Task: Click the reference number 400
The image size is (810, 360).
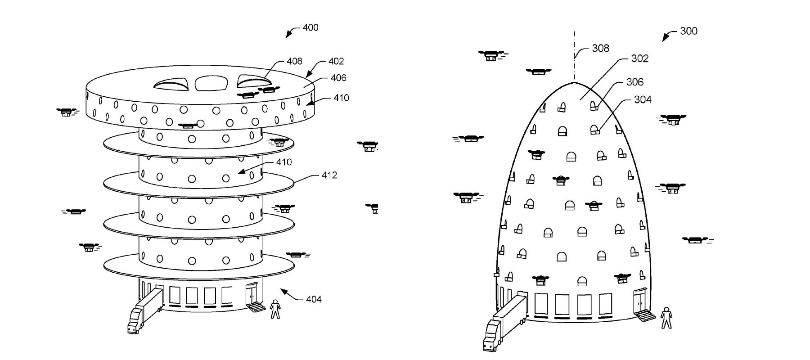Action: (x=310, y=27)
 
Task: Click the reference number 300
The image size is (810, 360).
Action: (x=688, y=31)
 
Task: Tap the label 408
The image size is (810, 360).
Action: (x=295, y=61)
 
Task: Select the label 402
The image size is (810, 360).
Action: (x=336, y=61)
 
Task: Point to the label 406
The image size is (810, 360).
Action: (x=338, y=78)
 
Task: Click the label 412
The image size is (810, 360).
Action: (x=329, y=175)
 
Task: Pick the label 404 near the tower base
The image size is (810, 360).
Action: (x=314, y=299)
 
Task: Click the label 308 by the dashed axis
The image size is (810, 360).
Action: (x=600, y=48)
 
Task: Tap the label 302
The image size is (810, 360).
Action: (x=639, y=58)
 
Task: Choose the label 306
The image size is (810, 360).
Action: (x=634, y=82)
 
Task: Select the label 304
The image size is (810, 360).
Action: (x=643, y=99)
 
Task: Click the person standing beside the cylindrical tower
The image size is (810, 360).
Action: (x=275, y=309)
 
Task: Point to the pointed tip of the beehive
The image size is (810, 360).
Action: (x=574, y=82)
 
